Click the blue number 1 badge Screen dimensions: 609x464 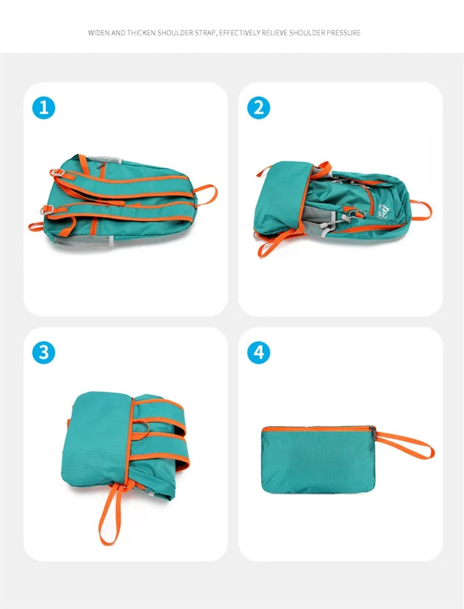pos(44,108)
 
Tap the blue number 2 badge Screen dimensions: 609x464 pos(259,108)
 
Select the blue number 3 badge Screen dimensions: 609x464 pos(44,352)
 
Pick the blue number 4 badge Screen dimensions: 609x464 pos(259,352)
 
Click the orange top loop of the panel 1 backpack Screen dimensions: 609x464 pos(207,193)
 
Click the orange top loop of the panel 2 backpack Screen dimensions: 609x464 pos(422,210)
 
